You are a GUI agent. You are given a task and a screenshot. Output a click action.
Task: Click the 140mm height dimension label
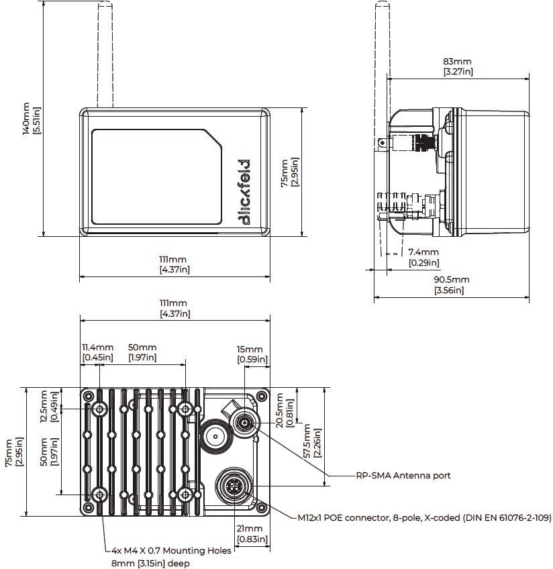[31, 118]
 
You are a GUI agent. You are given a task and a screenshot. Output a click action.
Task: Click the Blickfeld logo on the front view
[244, 192]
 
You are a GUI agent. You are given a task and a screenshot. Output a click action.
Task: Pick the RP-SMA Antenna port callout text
[403, 475]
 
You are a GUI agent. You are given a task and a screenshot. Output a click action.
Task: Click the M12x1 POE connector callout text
[425, 517]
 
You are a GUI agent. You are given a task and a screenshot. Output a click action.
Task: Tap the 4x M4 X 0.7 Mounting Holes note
[171, 550]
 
